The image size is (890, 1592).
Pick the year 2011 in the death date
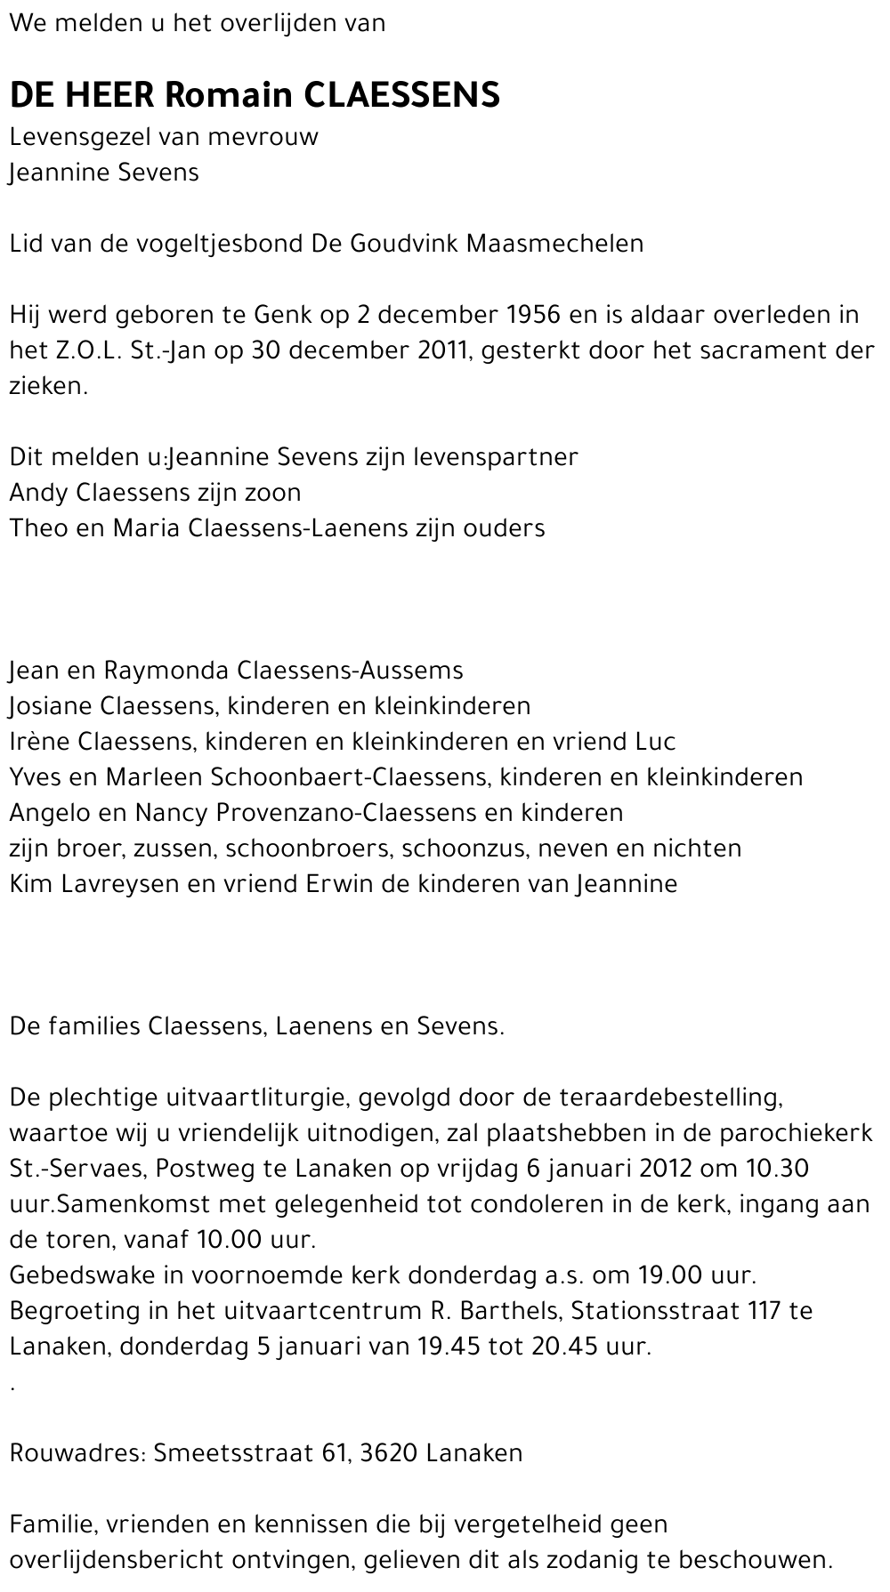coord(442,350)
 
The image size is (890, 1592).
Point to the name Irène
coord(40,741)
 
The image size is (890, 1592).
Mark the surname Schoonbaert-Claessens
coord(348,776)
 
